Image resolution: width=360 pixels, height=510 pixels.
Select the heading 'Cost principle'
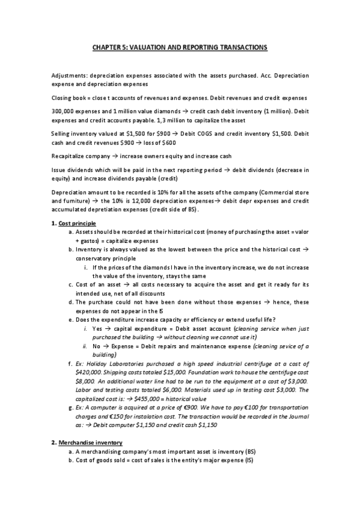point(79,224)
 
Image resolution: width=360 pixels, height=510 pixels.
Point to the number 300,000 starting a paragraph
point(63,111)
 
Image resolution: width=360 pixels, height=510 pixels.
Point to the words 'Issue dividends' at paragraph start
point(70,170)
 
